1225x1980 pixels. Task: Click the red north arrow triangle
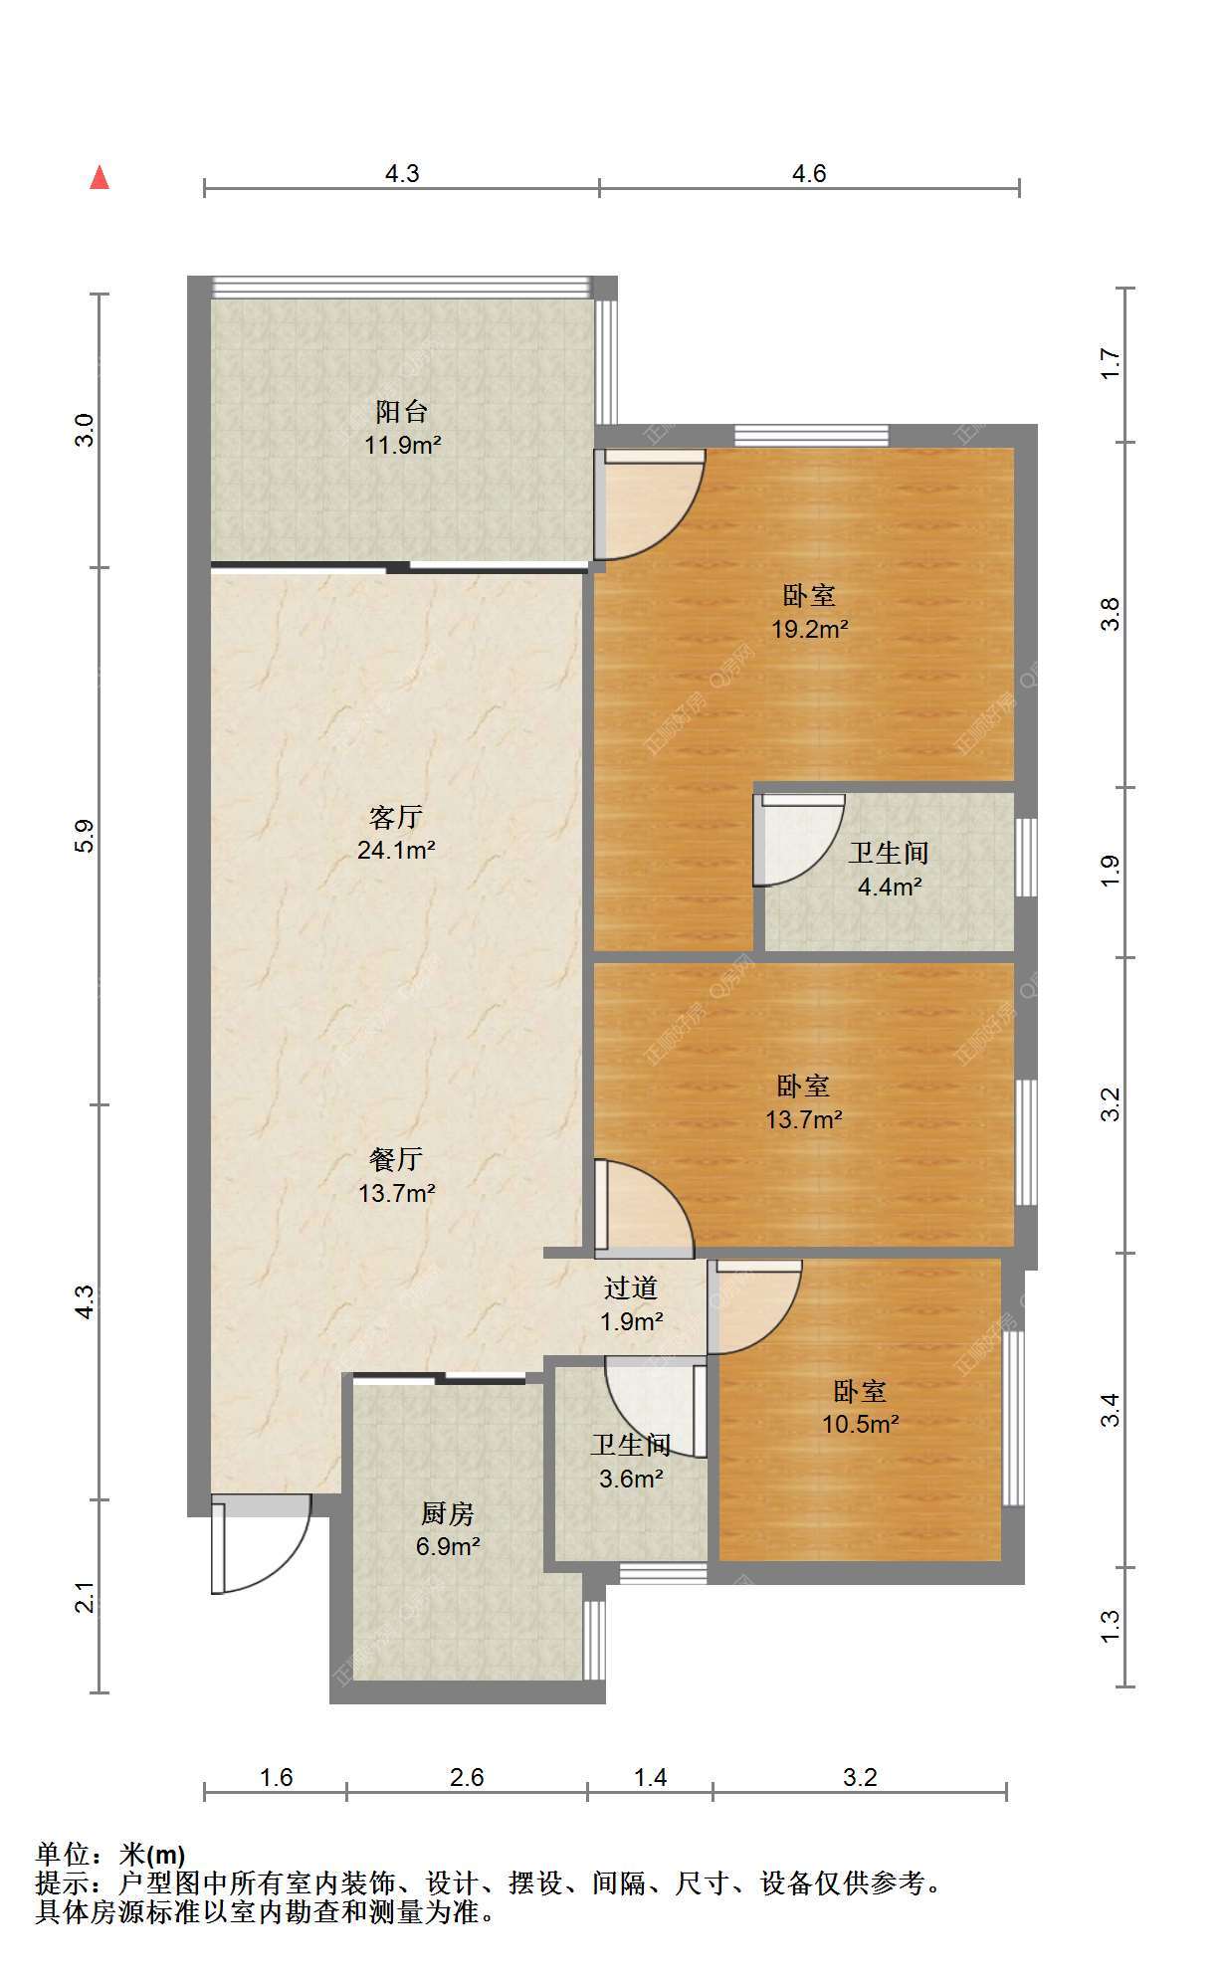(x=100, y=177)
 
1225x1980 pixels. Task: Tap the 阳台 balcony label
(x=402, y=411)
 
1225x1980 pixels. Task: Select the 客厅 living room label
(x=396, y=817)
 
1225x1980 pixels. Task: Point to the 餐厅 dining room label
(x=396, y=1158)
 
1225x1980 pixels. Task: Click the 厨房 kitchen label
(x=448, y=1513)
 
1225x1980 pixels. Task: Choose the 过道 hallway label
(x=631, y=1288)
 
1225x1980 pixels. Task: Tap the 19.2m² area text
(x=810, y=629)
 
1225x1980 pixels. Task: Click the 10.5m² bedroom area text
(x=861, y=1424)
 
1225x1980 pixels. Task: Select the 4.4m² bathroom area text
(x=890, y=886)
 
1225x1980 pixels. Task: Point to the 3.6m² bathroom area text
(x=631, y=1479)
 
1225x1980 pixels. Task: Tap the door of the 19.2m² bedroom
(x=649, y=503)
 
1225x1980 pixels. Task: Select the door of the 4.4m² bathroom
(x=798, y=840)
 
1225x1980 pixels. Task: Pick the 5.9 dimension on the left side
(x=85, y=835)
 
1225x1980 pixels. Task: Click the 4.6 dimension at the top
(x=809, y=174)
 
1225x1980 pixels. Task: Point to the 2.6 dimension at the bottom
(x=467, y=1777)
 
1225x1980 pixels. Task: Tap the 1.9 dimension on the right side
(x=1111, y=872)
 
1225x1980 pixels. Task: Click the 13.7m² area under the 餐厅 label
(x=397, y=1192)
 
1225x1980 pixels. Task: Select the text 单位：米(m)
(x=110, y=1855)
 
